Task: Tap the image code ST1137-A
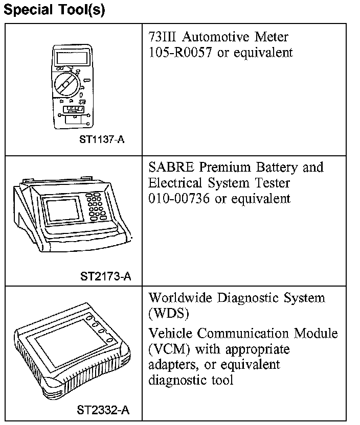tap(102, 139)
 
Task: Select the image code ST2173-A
tap(106, 277)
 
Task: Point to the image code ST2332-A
tap(103, 410)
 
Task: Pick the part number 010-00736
tap(179, 198)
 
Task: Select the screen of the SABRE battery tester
tap(64, 208)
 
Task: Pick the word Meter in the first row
tap(274, 37)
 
